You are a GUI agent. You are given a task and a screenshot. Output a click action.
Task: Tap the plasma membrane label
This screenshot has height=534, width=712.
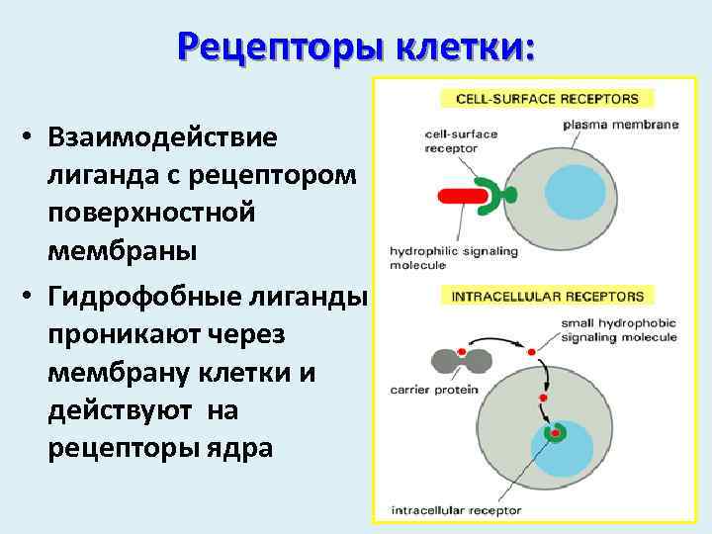pos(620,126)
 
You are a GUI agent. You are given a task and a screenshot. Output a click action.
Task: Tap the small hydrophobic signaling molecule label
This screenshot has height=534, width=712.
pos(618,329)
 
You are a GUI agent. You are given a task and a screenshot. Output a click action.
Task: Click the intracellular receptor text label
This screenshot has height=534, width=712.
pos(456,511)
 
